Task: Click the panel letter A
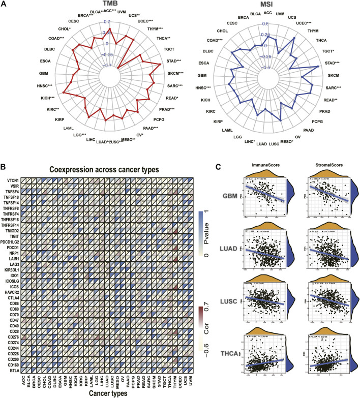point(5,5)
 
